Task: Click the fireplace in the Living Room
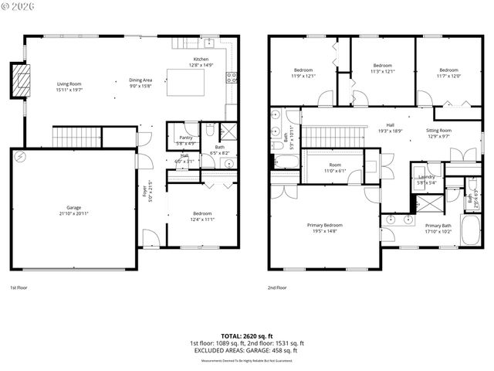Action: (x=19, y=80)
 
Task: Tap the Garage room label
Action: (x=74, y=207)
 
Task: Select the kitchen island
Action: (x=192, y=81)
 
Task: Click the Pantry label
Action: (x=184, y=138)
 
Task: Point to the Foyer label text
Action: (x=143, y=189)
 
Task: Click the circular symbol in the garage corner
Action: (x=21, y=157)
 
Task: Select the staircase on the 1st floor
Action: (x=77, y=138)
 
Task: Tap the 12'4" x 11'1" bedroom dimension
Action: (x=201, y=220)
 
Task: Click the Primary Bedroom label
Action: (x=327, y=225)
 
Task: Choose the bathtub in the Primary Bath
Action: (x=470, y=230)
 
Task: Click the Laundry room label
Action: (x=427, y=177)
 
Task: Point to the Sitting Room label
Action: (x=439, y=131)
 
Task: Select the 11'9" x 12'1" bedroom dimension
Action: (x=303, y=76)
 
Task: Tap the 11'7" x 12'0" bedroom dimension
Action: (x=449, y=76)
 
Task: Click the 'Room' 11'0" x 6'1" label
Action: (x=334, y=165)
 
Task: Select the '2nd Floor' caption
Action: (x=277, y=287)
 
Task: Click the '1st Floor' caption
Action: (x=19, y=287)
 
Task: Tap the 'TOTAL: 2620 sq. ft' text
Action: (x=246, y=336)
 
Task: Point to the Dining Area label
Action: (x=140, y=80)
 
